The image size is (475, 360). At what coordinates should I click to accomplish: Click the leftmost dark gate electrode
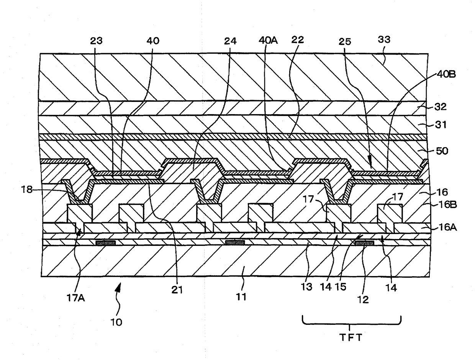pyautogui.click(x=106, y=243)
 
